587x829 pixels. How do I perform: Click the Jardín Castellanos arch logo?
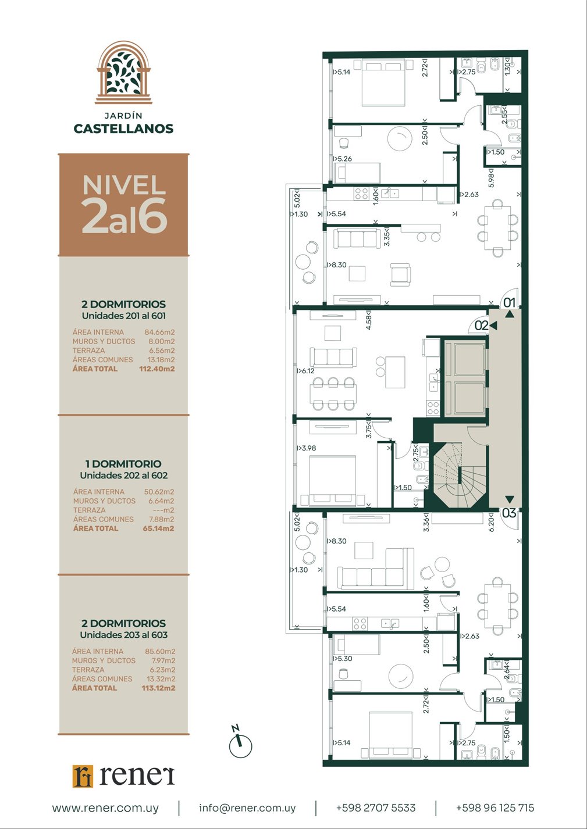pyautogui.click(x=123, y=72)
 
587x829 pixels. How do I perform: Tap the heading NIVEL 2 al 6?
pyautogui.click(x=124, y=204)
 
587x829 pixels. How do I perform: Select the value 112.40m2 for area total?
pyautogui.click(x=156, y=369)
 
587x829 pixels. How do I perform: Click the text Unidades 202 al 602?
pyautogui.click(x=124, y=475)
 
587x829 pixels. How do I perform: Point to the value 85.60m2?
pyautogui.click(x=160, y=651)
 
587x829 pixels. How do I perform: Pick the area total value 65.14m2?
pyautogui.click(x=158, y=528)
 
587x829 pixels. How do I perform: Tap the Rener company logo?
pyautogui.click(x=123, y=776)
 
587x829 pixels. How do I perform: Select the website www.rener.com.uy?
pyautogui.click(x=105, y=808)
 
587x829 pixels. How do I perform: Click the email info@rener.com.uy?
pyautogui.click(x=247, y=808)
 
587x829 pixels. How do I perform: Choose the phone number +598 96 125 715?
pyautogui.click(x=495, y=807)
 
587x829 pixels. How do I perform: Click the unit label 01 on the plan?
pyautogui.click(x=509, y=303)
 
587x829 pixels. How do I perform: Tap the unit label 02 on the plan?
pyautogui.click(x=482, y=326)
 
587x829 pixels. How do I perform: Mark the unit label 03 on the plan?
pyautogui.click(x=509, y=513)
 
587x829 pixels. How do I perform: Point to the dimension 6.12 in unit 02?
pyautogui.click(x=305, y=371)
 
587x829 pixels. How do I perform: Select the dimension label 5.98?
pyautogui.click(x=491, y=178)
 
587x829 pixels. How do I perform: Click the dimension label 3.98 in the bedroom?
pyautogui.click(x=307, y=448)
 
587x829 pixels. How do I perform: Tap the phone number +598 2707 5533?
pyautogui.click(x=376, y=807)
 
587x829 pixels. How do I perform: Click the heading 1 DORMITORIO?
pyautogui.click(x=123, y=464)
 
